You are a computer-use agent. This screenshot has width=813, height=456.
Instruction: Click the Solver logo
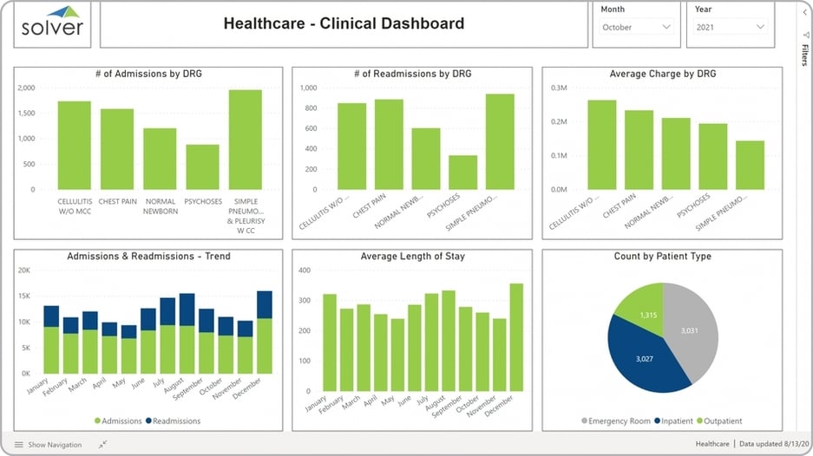click(53, 23)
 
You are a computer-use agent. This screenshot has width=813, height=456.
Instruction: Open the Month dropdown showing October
click(638, 28)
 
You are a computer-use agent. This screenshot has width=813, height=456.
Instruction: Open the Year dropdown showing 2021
click(731, 28)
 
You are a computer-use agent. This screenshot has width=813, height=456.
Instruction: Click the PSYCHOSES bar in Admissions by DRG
click(202, 166)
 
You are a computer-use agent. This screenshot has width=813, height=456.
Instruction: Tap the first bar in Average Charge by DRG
click(601, 145)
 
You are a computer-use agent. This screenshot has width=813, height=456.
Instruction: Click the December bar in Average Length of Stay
click(516, 337)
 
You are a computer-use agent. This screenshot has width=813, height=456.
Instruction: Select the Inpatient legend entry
click(676, 421)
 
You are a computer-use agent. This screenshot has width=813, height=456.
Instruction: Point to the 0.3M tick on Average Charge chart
click(557, 88)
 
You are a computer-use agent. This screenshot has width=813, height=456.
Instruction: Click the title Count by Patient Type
click(662, 257)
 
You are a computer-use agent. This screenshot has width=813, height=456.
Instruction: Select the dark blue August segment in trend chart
click(187, 309)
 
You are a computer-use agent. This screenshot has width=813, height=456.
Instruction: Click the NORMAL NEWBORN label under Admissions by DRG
click(160, 206)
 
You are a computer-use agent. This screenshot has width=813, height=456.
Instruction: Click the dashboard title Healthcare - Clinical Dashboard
click(344, 24)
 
